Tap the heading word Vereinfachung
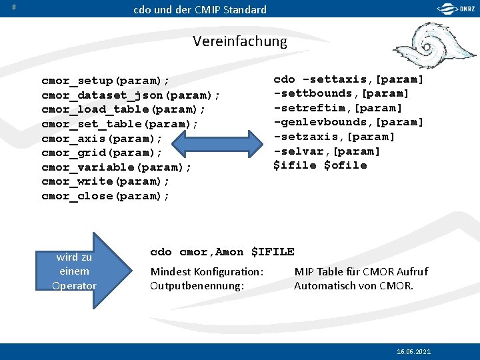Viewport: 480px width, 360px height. (240, 41)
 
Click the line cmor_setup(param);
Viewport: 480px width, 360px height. (105, 81)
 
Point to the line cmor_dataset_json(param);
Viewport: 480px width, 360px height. (131, 95)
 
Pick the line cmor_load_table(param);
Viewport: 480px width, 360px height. (123, 109)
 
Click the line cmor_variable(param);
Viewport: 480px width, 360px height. (116, 167)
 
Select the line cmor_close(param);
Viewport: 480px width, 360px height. (105, 196)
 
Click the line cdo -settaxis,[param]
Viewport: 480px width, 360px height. (349, 79)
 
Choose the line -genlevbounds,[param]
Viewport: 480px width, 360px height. (349, 122)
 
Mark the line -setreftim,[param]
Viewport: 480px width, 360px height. (338, 108)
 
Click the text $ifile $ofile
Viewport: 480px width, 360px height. (320, 165)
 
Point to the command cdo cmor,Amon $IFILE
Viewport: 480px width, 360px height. (222, 252)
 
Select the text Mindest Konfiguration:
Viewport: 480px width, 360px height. (207, 271)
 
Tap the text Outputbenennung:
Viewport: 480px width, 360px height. (197, 286)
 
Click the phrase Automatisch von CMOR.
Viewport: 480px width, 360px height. (353, 286)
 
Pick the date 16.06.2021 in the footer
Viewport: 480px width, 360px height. (413, 351)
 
